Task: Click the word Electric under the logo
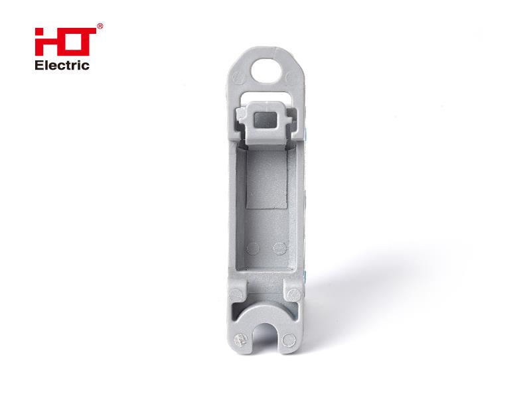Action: [62, 65]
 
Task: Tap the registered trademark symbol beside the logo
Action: [100, 27]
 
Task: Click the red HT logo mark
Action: [65, 42]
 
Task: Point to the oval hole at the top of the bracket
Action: [267, 70]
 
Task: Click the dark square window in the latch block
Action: [266, 121]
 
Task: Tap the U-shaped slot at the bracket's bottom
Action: [264, 336]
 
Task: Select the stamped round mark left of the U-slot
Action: [240, 340]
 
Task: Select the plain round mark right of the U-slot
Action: [289, 340]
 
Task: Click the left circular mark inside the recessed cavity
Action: [253, 248]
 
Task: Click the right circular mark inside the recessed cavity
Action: [279, 248]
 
